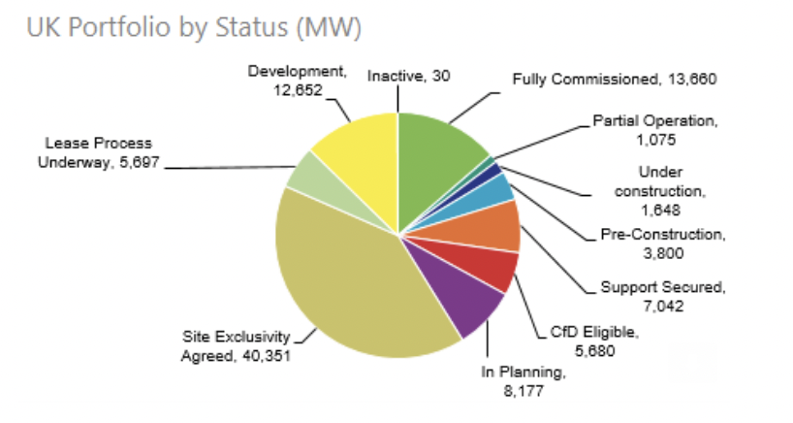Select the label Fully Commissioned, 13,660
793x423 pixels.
coord(615,79)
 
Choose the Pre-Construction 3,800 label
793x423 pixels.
coord(662,244)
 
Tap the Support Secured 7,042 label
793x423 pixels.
coord(662,296)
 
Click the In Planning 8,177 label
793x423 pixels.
coord(523,380)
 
